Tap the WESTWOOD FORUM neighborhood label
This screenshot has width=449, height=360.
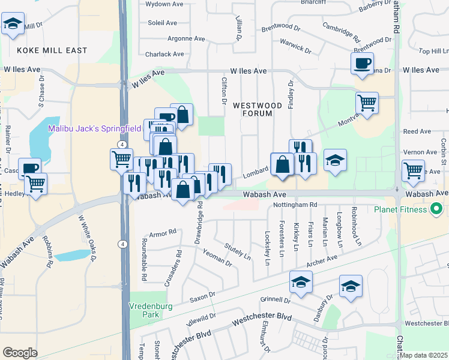pos(257,109)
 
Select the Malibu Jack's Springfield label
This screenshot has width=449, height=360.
pos(94,128)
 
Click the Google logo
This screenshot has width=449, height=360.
pos(20,353)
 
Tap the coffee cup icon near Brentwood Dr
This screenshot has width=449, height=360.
pos(362,63)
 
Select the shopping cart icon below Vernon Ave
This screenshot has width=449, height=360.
pos(413,170)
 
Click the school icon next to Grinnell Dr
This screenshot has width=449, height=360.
pos(301,281)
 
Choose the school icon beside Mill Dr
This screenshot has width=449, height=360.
pos(13,24)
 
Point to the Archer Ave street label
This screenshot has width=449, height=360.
pos(322,262)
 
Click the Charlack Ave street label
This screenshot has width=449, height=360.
pos(164,54)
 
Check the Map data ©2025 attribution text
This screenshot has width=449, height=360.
pos(424,355)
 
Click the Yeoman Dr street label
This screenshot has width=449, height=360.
pos(217,259)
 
